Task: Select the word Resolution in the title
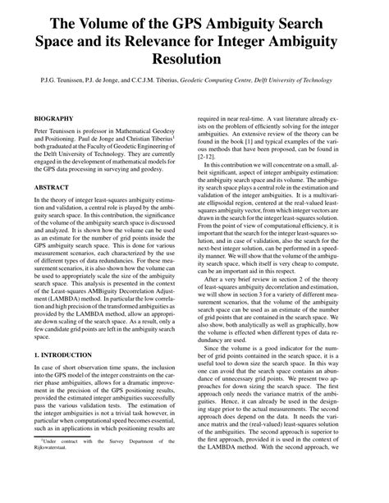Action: [194, 60]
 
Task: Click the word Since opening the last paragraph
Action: [217, 372]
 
